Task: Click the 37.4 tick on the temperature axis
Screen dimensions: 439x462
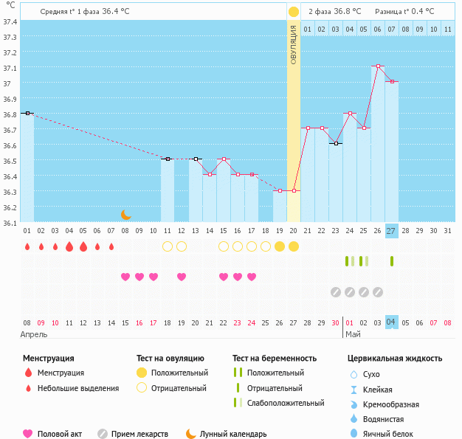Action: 10,21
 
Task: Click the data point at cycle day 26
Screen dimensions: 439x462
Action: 378,66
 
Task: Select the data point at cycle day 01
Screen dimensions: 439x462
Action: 27,113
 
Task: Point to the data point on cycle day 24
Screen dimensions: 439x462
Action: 350,113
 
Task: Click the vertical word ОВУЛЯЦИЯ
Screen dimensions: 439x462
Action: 294,44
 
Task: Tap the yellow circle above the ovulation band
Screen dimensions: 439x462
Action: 294,12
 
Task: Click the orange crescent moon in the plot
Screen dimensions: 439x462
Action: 126,214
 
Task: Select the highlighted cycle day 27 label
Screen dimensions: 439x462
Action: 391,231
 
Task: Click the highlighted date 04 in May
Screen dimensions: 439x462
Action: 391,322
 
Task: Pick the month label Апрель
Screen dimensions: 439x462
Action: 33,334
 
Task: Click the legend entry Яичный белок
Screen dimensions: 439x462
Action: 390,434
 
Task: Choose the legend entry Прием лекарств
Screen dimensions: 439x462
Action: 139,434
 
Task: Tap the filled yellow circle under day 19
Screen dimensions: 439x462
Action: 280,246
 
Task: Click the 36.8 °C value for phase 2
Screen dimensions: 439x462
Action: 346,12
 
